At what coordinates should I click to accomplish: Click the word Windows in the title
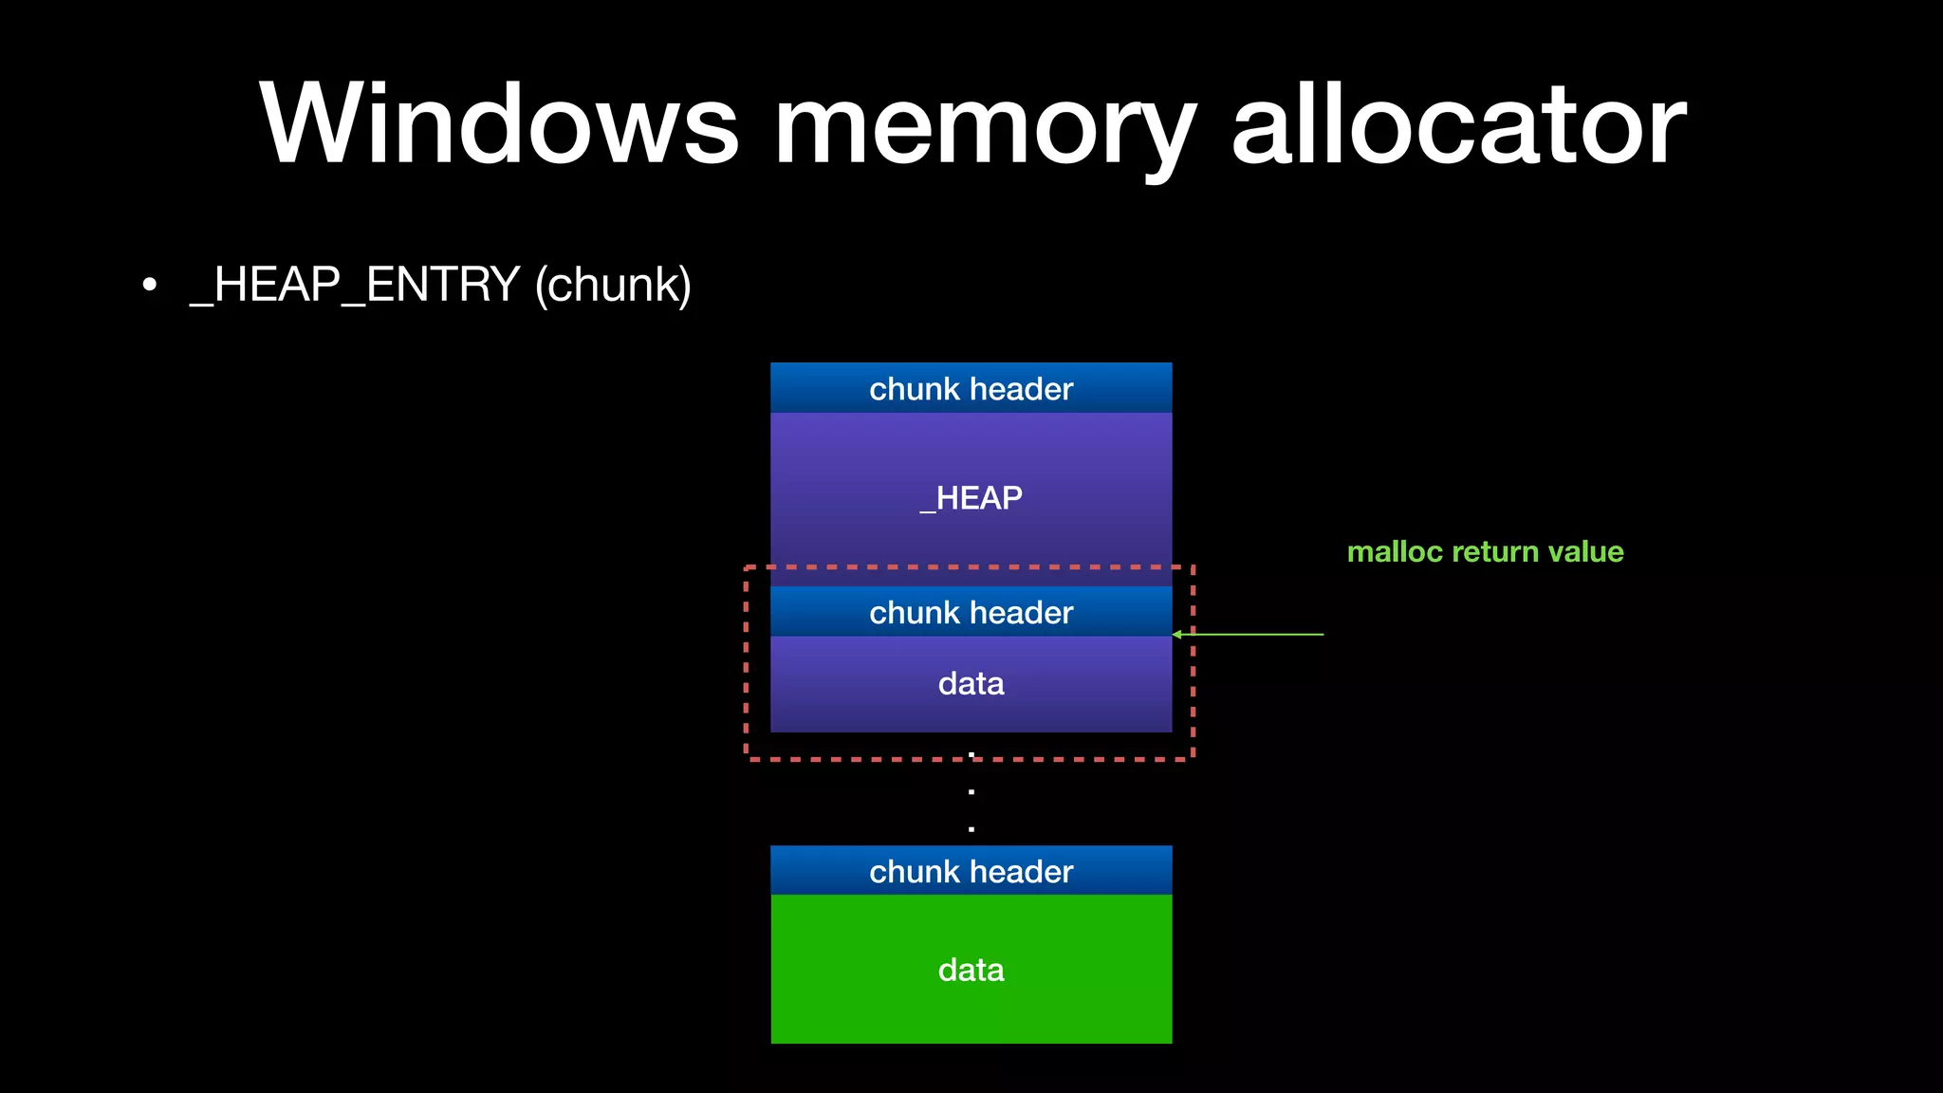[498, 125]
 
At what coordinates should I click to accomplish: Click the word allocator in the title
[1458, 125]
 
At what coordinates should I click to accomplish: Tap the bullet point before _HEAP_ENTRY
[149, 285]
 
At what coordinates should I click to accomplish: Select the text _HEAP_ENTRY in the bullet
[355, 285]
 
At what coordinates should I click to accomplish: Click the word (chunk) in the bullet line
[613, 286]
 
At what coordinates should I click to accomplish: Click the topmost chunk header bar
[971, 388]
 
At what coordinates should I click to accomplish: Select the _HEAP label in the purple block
[971, 498]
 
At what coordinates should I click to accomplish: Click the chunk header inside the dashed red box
[971, 612]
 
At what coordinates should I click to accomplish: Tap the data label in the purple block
[971, 683]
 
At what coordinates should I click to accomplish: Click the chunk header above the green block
[971, 871]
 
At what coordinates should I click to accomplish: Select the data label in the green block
[971, 970]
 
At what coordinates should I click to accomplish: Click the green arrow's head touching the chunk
[1177, 634]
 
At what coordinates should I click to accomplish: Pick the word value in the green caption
[1585, 551]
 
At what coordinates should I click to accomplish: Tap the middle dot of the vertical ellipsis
[971, 791]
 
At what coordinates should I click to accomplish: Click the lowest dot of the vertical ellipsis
[971, 828]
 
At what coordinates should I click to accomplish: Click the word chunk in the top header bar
[914, 388]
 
